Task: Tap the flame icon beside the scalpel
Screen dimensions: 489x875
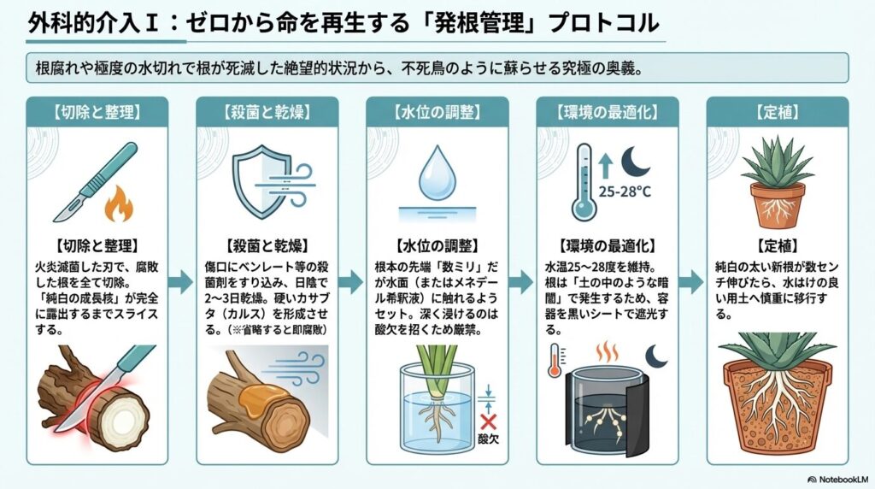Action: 116,205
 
